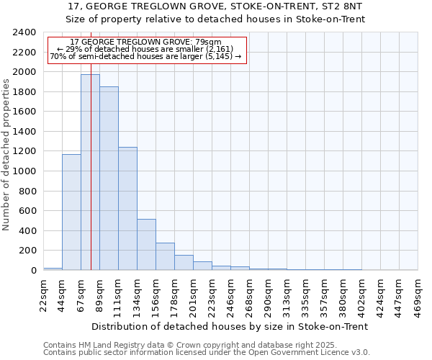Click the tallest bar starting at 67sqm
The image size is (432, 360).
90,173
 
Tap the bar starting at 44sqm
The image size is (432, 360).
71,212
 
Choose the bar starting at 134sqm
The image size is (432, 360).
146,245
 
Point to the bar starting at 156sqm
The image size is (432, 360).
165,256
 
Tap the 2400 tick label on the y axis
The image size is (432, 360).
25,32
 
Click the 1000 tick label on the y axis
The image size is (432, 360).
25,171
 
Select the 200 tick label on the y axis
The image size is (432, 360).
27,251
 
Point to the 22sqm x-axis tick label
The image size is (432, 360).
44,295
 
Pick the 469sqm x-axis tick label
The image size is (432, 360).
418,295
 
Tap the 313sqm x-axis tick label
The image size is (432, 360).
287,295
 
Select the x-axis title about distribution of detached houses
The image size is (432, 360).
230,326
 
